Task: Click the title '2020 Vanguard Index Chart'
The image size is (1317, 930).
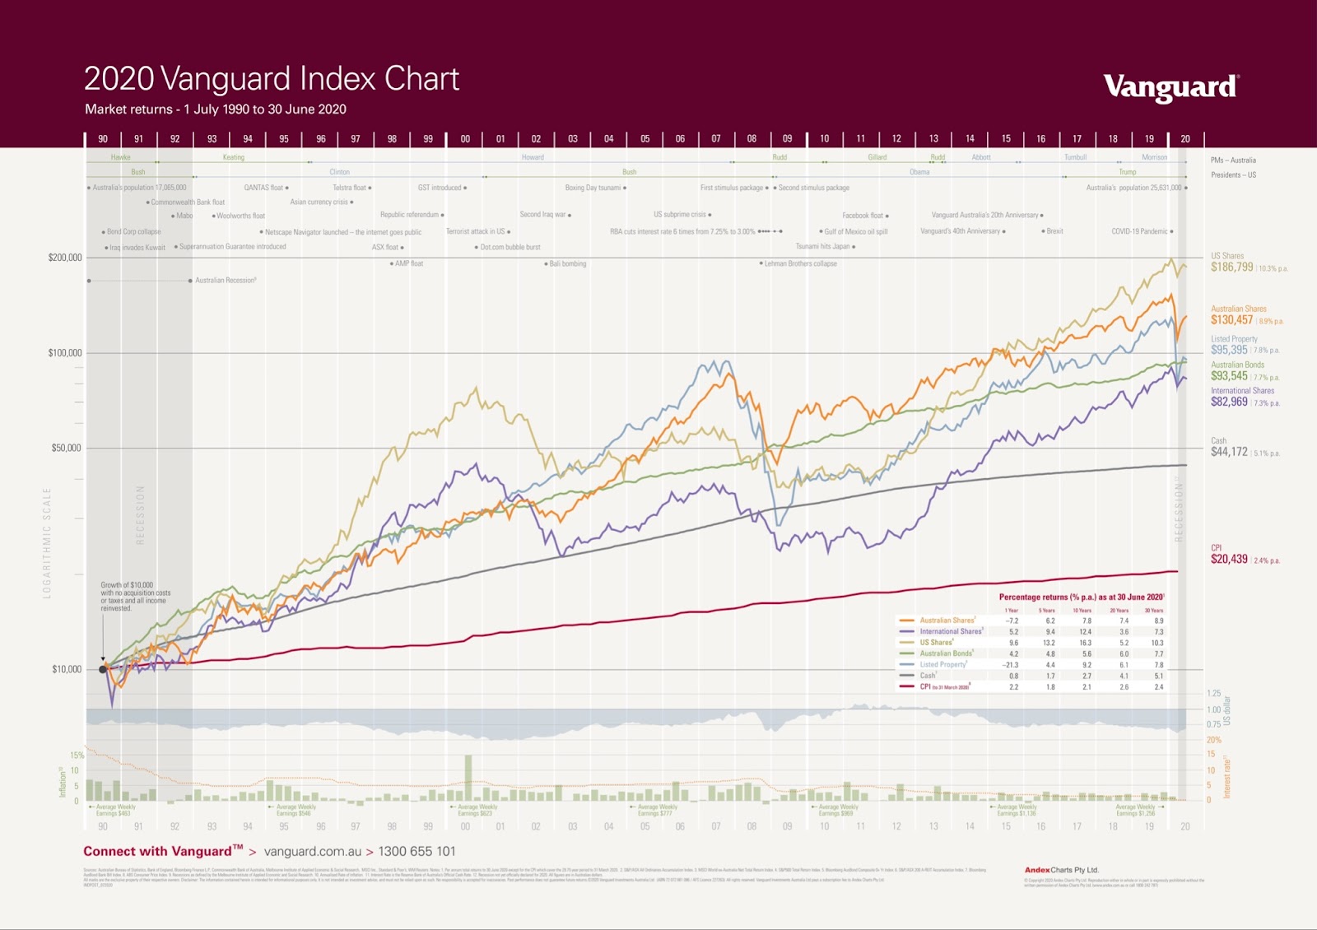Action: (272, 79)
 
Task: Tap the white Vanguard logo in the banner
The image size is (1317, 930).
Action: (1170, 86)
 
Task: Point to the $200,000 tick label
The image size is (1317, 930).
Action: (65, 258)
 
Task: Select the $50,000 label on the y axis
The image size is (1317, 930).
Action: (67, 449)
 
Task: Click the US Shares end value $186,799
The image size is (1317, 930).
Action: (1231, 267)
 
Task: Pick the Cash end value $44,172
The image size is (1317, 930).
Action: (1229, 452)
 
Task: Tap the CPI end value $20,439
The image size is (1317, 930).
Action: (1229, 560)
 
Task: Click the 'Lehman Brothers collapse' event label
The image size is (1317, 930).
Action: (800, 264)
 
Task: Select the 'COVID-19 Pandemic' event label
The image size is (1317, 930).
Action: (1139, 231)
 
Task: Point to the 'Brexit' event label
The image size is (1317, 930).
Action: (1054, 231)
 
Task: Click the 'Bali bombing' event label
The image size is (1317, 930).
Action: (568, 264)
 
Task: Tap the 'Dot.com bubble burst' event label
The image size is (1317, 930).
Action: (510, 247)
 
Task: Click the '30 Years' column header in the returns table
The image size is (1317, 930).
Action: (1153, 611)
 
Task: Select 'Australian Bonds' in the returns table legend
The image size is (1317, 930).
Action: (946, 653)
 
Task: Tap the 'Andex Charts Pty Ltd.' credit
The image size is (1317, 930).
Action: (1061, 870)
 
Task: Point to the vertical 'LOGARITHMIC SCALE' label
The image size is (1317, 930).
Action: (47, 542)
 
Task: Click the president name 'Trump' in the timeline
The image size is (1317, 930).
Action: (1127, 172)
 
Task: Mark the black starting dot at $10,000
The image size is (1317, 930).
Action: (103, 669)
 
